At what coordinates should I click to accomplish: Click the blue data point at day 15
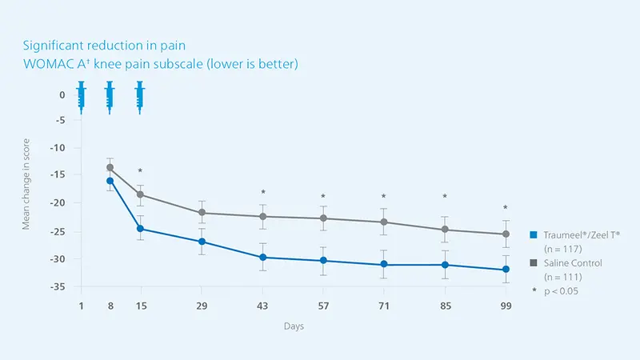click(x=140, y=229)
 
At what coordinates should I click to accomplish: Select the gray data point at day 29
click(x=202, y=213)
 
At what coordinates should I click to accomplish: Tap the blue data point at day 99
click(x=506, y=270)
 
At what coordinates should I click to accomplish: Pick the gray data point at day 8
click(x=110, y=168)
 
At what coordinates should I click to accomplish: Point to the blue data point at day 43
click(x=262, y=258)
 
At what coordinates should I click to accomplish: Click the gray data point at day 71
click(x=384, y=222)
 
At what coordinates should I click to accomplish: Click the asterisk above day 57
click(x=323, y=197)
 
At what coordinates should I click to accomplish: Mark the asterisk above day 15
click(x=140, y=171)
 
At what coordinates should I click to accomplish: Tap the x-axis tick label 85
click(x=445, y=306)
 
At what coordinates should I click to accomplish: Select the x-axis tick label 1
click(x=81, y=306)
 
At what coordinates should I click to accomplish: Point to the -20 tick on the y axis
click(x=58, y=203)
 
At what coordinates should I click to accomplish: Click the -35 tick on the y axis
click(x=58, y=286)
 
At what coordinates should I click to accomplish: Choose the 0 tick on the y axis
click(x=62, y=94)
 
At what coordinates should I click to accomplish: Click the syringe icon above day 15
click(x=140, y=95)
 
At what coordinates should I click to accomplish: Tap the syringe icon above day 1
click(x=81, y=95)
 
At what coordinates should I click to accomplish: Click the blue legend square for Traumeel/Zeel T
click(x=532, y=234)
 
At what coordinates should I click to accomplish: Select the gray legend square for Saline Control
click(x=532, y=263)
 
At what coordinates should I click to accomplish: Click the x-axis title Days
click(x=293, y=326)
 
